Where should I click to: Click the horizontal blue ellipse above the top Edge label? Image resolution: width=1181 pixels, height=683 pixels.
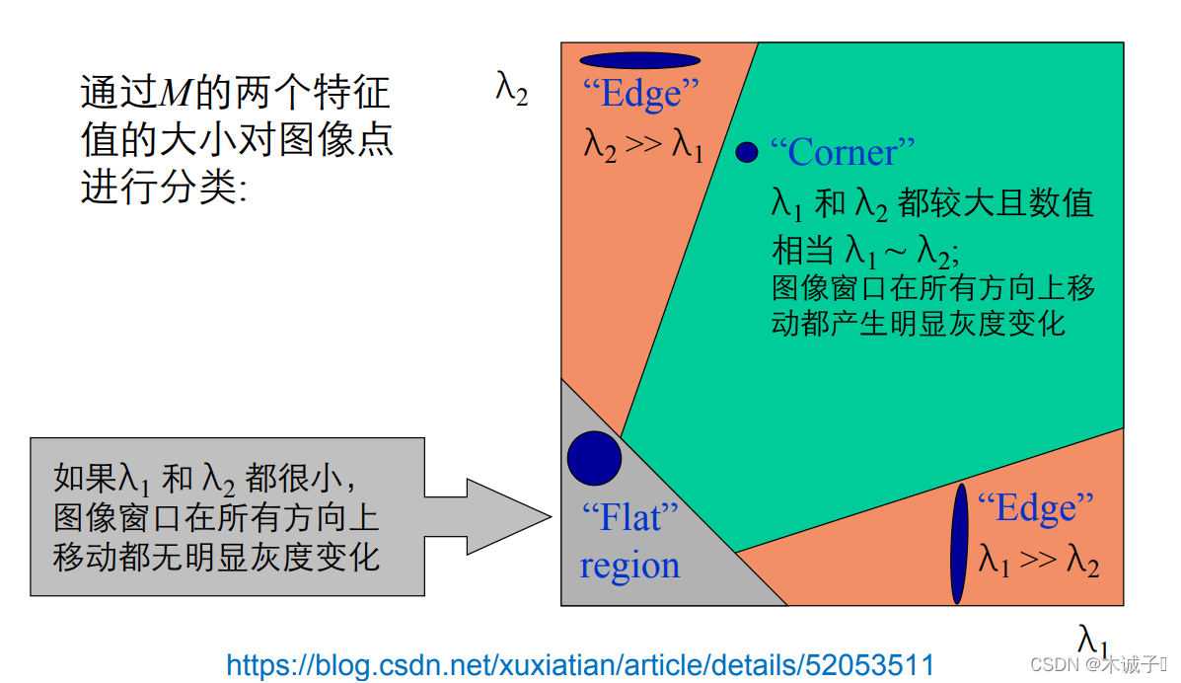pyautogui.click(x=639, y=60)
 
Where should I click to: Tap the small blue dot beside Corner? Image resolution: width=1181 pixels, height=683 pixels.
pyautogui.click(x=747, y=152)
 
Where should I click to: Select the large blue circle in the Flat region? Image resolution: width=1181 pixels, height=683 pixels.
pyautogui.click(x=594, y=458)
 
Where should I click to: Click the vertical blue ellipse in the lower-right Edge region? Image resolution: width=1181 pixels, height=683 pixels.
pyautogui.click(x=958, y=543)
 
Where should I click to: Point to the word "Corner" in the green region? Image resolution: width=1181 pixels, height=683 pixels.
pyautogui.click(x=842, y=152)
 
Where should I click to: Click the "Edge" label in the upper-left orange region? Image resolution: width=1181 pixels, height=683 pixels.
pyautogui.click(x=640, y=94)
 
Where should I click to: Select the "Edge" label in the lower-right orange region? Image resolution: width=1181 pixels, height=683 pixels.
pyautogui.click(x=1035, y=507)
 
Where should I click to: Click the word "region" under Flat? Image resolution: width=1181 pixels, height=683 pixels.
pyautogui.click(x=629, y=566)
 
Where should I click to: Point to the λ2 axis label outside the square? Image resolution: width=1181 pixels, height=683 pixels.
pyautogui.click(x=511, y=89)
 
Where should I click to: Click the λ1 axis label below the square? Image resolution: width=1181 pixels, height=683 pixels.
pyautogui.click(x=1092, y=640)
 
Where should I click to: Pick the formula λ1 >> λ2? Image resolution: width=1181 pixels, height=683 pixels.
pyautogui.click(x=1038, y=560)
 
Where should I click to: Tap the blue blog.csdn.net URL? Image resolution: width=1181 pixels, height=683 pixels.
pyautogui.click(x=580, y=664)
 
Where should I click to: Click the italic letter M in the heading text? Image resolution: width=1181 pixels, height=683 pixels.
pyautogui.click(x=175, y=95)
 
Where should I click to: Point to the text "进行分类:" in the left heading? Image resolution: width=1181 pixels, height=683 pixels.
pyautogui.click(x=163, y=187)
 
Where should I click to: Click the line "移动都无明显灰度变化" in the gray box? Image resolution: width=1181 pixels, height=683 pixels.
pyautogui.click(x=217, y=557)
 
